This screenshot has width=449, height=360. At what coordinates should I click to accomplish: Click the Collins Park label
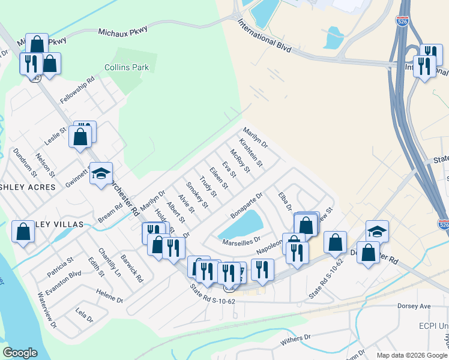pyautogui.click(x=127, y=68)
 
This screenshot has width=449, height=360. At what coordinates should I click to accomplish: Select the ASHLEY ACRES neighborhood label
pyautogui.click(x=28, y=187)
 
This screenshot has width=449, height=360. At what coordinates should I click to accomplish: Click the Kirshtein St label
pyautogui.click(x=251, y=152)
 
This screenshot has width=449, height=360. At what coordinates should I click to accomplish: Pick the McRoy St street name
pyautogui.click(x=240, y=161)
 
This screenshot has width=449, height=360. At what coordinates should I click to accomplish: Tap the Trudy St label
pyautogui.click(x=208, y=187)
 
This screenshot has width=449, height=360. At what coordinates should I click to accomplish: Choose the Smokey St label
pyautogui.click(x=197, y=195)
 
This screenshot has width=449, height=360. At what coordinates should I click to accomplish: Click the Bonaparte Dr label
pyautogui.click(x=247, y=206)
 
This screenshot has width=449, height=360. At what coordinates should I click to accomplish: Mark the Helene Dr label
pyautogui.click(x=109, y=295)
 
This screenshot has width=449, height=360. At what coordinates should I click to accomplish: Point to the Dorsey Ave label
pyautogui.click(x=414, y=306)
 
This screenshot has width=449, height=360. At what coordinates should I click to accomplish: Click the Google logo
pyautogui.click(x=20, y=353)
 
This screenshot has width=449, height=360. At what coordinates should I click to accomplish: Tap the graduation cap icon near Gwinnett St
pyautogui.click(x=101, y=173)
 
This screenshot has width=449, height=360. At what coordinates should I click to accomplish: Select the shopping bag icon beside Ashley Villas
pyautogui.click(x=23, y=232)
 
